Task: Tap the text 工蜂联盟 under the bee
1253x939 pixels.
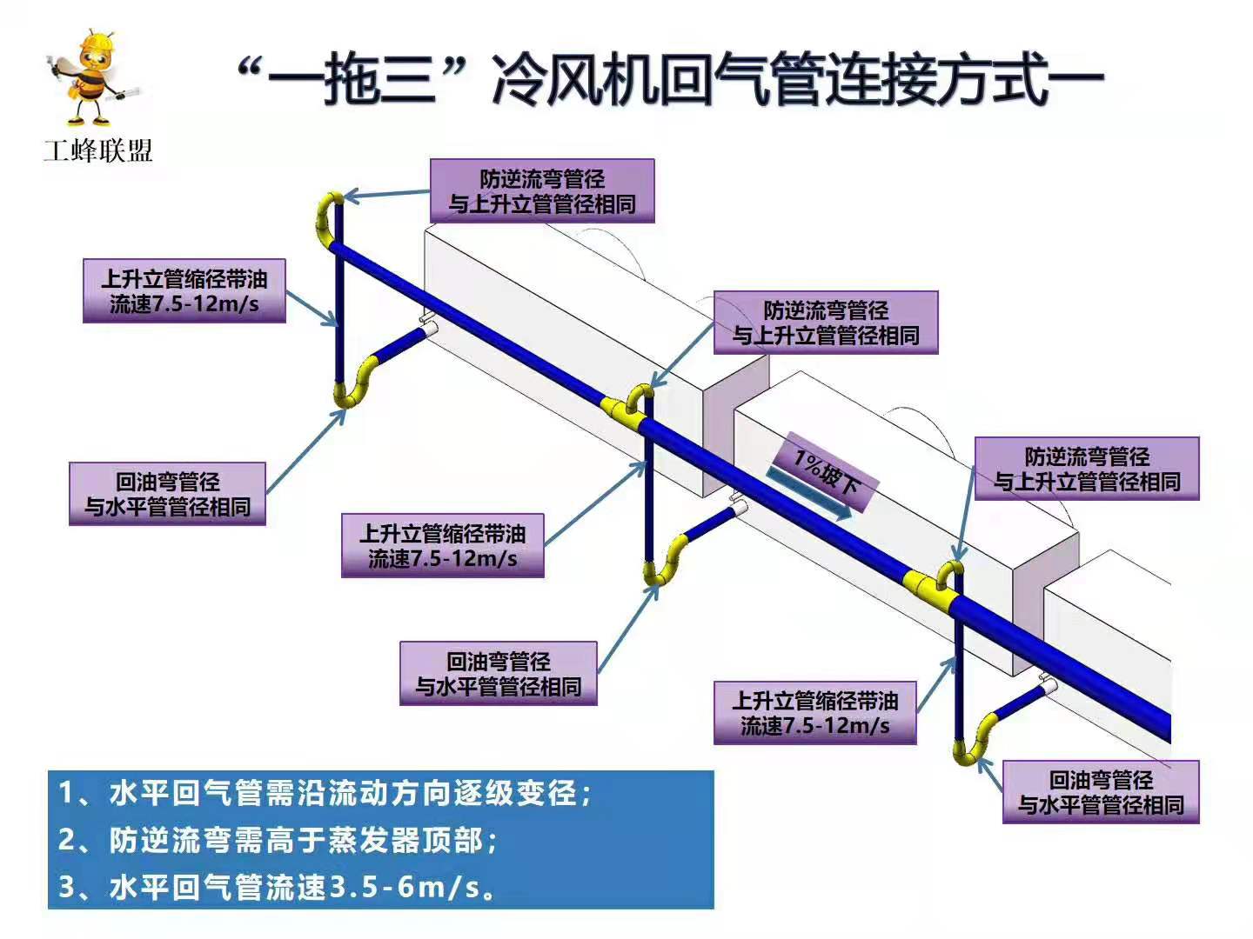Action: (x=98, y=150)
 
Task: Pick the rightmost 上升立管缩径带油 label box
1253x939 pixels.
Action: (x=814, y=713)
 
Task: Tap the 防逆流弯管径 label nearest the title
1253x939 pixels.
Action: (x=541, y=191)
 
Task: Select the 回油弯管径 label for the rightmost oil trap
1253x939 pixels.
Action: (x=1101, y=792)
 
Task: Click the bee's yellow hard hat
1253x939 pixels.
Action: (x=90, y=42)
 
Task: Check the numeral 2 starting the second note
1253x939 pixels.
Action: (x=68, y=840)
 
